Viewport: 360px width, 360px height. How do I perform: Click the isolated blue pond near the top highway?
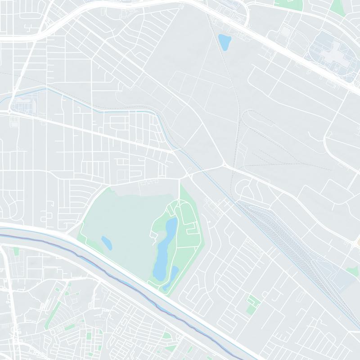pyautogui.click(x=224, y=42)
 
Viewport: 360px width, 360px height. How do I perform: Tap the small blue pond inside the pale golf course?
pyautogui.click(x=107, y=243)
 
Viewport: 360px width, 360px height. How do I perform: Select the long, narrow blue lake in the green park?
pyautogui.click(x=165, y=247)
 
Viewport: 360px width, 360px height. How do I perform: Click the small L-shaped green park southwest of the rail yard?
pyautogui.click(x=253, y=304)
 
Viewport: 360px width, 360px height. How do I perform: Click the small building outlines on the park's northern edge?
pyautogui.click(x=148, y=182)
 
